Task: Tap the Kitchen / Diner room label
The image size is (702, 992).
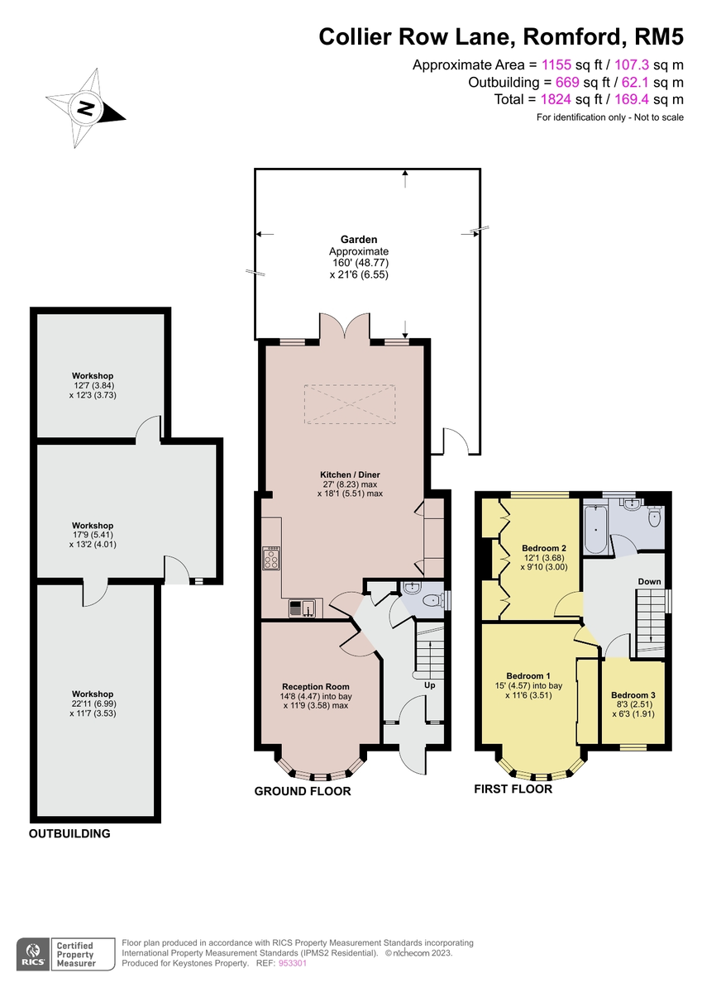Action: [350, 475]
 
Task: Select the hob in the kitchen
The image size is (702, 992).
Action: [271, 560]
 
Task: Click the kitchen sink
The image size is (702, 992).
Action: [301, 609]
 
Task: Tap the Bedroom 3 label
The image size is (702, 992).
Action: [633, 695]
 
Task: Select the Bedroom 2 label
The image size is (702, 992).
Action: [544, 548]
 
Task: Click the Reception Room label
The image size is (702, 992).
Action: [315, 687]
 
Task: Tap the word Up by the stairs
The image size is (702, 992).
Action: [429, 685]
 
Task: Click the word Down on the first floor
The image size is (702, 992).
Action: [649, 582]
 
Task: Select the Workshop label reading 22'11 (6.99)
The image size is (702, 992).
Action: [93, 694]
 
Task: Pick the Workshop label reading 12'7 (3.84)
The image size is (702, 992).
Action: [92, 376]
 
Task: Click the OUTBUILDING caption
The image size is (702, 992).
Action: [69, 834]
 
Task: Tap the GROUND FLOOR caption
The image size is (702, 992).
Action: [302, 792]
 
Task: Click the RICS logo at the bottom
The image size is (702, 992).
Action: [34, 954]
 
